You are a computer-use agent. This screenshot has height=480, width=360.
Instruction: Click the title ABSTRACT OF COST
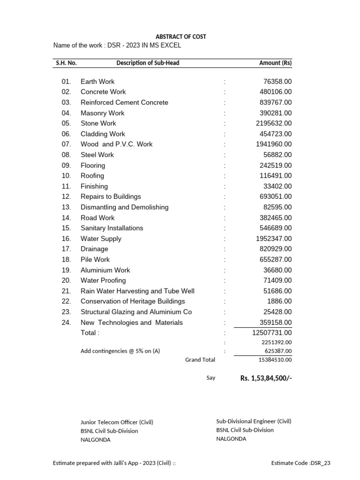(180, 37)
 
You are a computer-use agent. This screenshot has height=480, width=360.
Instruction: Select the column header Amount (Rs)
(275, 63)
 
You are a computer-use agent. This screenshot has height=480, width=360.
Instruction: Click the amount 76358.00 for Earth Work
(277, 82)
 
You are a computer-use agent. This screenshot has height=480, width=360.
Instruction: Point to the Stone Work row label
(98, 123)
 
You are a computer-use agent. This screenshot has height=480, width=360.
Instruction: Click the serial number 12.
(66, 196)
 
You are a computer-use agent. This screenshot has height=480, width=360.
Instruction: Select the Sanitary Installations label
(112, 228)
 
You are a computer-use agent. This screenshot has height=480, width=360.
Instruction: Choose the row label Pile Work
(95, 259)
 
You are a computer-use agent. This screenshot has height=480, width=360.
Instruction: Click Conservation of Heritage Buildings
(133, 301)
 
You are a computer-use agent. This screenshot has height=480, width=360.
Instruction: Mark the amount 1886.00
(279, 301)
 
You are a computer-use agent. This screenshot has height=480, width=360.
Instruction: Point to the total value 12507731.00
(272, 333)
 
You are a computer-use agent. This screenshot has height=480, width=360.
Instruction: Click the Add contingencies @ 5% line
(120, 351)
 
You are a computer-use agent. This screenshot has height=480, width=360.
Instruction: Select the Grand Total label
(200, 360)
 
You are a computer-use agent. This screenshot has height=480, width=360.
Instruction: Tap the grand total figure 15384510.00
(275, 360)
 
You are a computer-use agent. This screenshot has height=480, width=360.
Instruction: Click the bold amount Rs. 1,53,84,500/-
(266, 378)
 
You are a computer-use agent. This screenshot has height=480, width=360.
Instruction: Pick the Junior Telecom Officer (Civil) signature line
(117, 422)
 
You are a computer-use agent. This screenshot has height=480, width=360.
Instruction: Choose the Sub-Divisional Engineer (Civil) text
(254, 421)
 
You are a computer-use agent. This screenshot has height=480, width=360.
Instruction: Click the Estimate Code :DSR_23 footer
(300, 463)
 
